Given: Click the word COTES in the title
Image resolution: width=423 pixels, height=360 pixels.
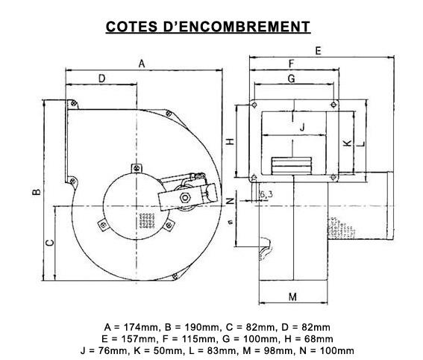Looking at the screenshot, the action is [131, 26].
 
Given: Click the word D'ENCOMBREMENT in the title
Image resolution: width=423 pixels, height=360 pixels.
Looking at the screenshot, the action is [236, 26].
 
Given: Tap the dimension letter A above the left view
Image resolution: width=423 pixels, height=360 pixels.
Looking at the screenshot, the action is [142, 63].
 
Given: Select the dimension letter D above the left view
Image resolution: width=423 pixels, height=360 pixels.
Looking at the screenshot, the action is [101, 78].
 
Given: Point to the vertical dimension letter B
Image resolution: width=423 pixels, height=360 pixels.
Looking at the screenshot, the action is [37, 192].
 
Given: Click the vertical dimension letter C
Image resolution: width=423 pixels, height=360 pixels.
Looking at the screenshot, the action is [50, 243].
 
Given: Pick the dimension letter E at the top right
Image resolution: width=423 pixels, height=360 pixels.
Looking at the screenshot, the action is [319, 51].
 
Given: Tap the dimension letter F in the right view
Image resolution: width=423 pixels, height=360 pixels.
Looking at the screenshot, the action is [292, 63].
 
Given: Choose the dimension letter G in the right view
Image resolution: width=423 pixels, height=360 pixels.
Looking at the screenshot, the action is [292, 78].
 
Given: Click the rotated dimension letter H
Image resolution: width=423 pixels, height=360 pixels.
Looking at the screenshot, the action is [230, 141].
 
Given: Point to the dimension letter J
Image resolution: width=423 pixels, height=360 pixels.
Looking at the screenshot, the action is [302, 126].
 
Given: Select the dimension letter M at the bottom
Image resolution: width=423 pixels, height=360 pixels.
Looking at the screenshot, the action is [292, 297].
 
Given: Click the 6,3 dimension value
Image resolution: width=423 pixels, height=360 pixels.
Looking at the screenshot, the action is [266, 194].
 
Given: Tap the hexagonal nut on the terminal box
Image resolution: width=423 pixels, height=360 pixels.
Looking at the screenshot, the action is [185, 197].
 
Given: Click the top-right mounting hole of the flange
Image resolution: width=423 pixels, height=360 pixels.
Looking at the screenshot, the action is [333, 105].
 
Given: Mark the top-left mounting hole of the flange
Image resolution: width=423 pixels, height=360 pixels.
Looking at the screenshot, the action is [254, 105].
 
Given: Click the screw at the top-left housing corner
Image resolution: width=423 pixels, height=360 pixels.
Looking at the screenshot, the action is [73, 103].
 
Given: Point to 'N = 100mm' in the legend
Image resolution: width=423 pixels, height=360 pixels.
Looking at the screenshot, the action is [327, 350].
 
